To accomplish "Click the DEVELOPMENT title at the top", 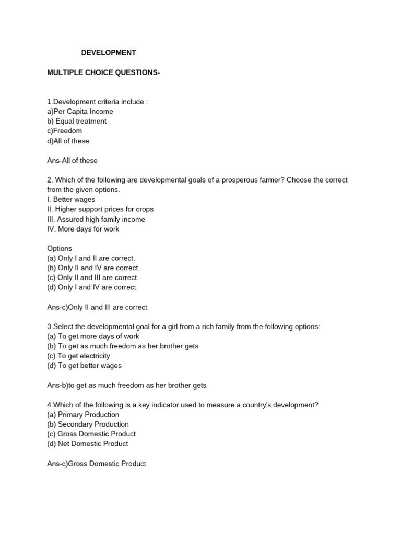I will [109, 53].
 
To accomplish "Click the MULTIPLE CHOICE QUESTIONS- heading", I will [103, 72].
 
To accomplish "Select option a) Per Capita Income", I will [80, 111].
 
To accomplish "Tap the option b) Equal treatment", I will [77, 121].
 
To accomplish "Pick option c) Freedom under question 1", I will [64, 131].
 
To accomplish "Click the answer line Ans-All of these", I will [72, 160].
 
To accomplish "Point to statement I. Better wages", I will [71, 199].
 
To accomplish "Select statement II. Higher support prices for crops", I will [100, 209].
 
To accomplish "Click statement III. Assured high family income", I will [96, 219].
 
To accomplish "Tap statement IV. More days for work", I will [83, 229].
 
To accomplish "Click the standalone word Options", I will [60, 248].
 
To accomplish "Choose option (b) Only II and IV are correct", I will [93, 268].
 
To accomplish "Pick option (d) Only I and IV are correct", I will [92, 287].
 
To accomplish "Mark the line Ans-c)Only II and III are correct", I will [97, 307].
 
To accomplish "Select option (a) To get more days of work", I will [93, 336].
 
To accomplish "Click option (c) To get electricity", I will [78, 356].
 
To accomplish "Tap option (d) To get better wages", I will [84, 366].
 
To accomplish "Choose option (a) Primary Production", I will [83, 415].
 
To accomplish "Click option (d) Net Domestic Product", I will [87, 444].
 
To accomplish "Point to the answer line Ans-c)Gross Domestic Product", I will [97, 463].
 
